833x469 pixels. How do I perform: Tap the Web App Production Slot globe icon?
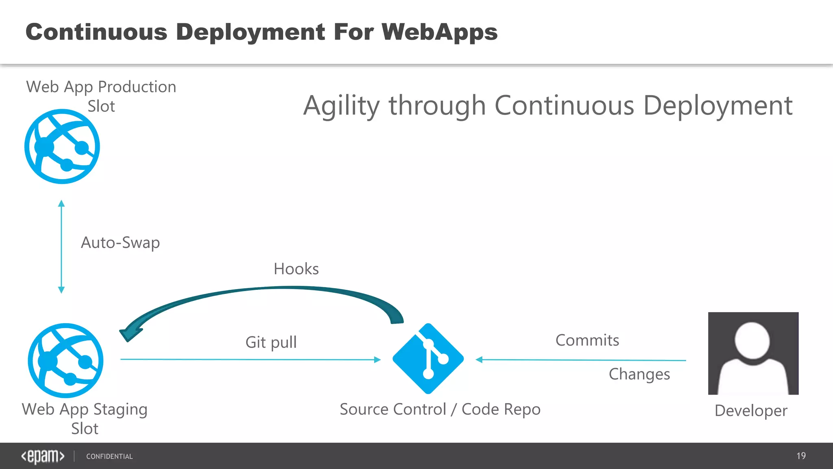tap(62, 147)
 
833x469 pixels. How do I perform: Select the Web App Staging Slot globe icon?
tap(65, 361)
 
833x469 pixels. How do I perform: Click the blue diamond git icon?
tap(428, 359)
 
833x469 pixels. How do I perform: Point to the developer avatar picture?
tap(753, 353)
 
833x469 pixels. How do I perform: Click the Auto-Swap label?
tap(120, 243)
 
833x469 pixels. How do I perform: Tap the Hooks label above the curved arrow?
tap(296, 269)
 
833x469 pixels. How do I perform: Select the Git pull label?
tap(271, 342)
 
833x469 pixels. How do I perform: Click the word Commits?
tap(587, 340)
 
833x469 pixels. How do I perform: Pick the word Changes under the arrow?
tap(639, 374)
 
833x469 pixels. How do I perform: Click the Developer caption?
tap(751, 410)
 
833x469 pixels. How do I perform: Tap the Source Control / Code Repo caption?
tap(440, 409)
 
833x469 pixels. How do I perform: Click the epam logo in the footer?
tap(43, 456)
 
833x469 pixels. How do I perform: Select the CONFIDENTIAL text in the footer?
tap(109, 456)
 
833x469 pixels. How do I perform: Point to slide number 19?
tap(801, 456)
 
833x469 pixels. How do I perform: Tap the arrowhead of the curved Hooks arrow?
tap(129, 334)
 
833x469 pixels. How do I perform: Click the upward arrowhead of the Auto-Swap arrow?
tap(61, 203)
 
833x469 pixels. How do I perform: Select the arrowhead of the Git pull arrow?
tap(377, 359)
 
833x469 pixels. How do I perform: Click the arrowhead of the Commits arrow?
tap(479, 359)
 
